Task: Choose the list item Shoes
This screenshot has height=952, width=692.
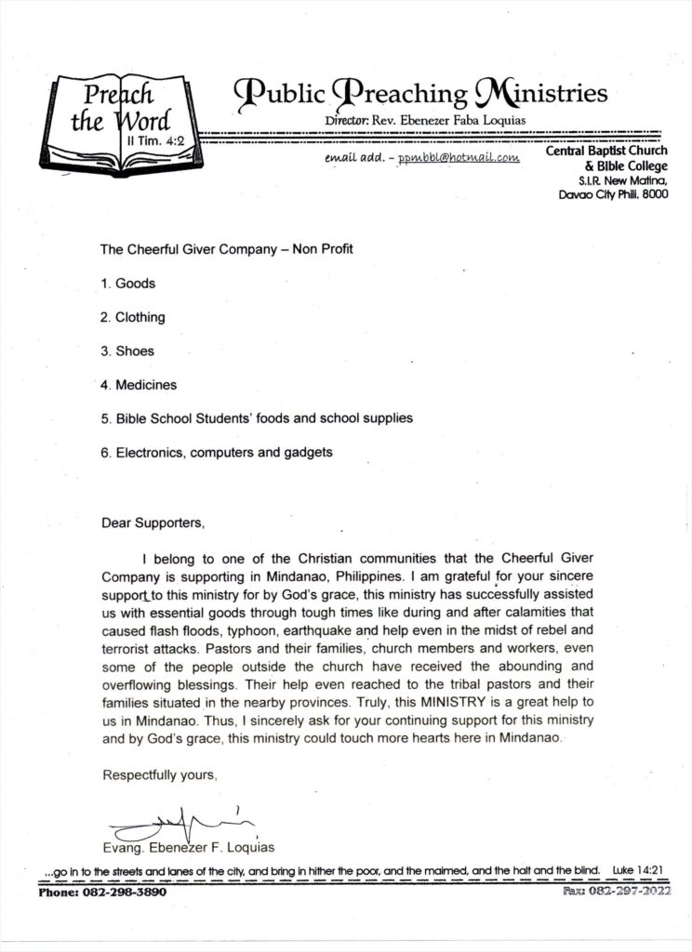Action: point(133,350)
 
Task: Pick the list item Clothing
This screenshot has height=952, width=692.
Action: point(139,317)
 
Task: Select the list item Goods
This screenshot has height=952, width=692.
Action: point(134,283)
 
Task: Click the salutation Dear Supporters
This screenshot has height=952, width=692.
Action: point(152,522)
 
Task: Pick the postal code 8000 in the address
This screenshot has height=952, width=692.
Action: point(652,196)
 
